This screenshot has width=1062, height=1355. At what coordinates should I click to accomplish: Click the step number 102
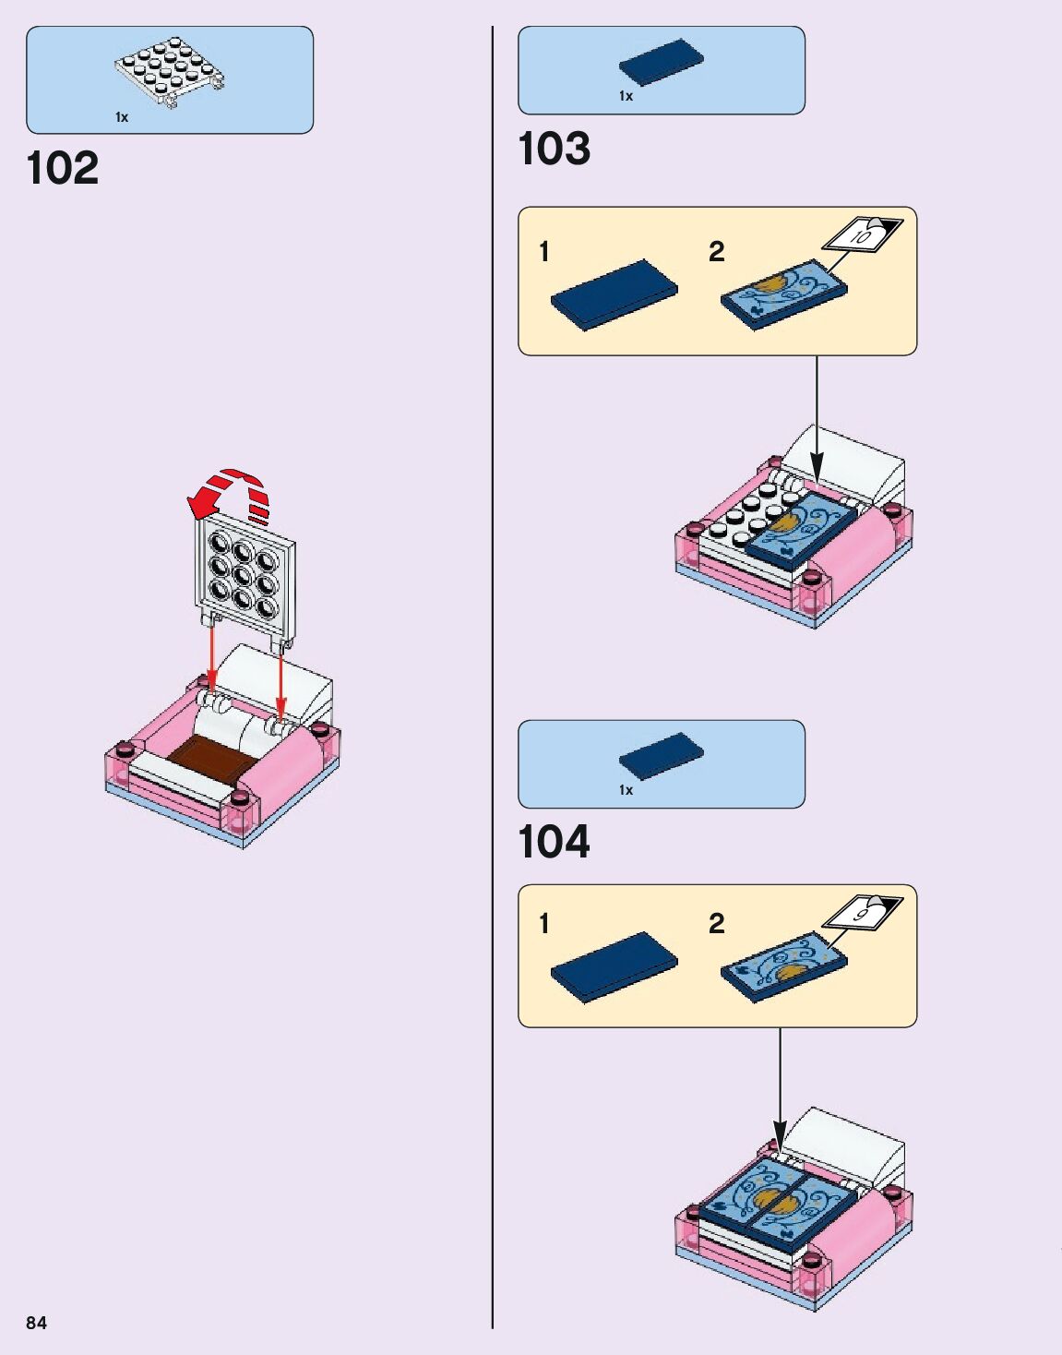point(63,168)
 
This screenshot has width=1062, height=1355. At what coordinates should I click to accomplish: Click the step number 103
point(554,149)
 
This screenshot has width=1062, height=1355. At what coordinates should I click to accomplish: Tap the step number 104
point(554,842)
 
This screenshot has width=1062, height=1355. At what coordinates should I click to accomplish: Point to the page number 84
point(36,1323)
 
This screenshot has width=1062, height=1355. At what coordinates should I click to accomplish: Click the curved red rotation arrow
point(231,494)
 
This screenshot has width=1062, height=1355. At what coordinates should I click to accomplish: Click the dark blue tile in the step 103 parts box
point(661,62)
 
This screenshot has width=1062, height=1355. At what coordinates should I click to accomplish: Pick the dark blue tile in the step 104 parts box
point(661,756)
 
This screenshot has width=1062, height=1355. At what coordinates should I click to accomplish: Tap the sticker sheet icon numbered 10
point(864,235)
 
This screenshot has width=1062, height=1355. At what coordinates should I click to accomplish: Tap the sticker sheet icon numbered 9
point(862,913)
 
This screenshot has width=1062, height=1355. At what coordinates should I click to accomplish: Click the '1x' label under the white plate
point(122,117)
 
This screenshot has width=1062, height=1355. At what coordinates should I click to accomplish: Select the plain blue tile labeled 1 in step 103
point(614,294)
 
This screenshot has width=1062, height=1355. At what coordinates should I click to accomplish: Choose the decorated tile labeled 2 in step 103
point(783,293)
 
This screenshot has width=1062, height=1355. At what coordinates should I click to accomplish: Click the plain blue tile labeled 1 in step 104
point(614,966)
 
